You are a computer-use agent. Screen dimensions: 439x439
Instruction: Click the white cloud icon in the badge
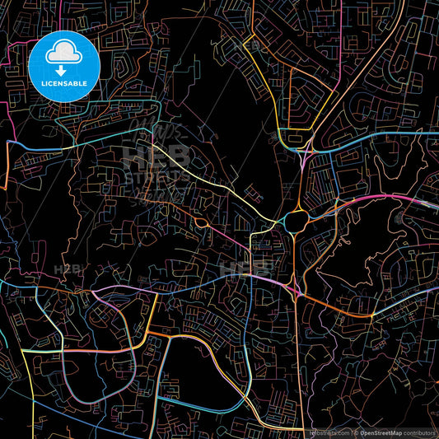click(63, 52)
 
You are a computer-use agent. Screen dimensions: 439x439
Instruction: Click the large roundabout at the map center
click(295, 221)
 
